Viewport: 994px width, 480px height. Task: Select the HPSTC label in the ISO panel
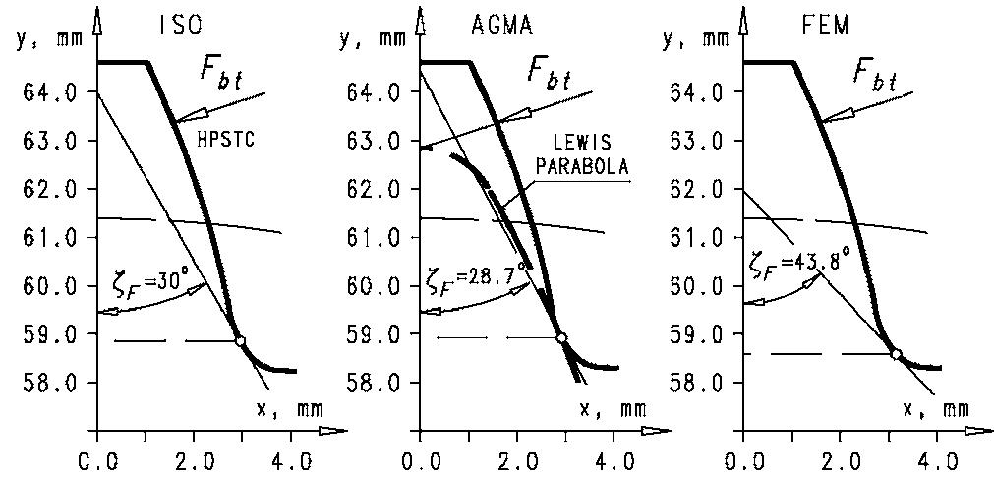(x=227, y=141)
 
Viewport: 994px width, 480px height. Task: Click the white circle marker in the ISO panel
(x=240, y=340)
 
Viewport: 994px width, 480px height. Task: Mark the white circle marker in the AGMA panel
(x=561, y=338)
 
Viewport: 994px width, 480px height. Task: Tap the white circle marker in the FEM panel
(x=896, y=353)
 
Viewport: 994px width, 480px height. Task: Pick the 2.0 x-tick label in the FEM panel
(x=839, y=459)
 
